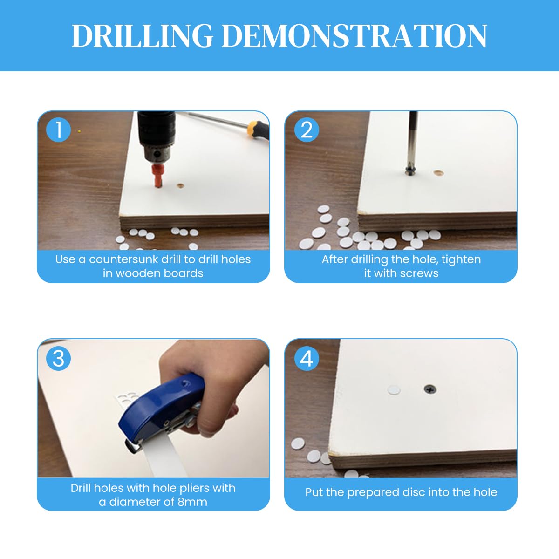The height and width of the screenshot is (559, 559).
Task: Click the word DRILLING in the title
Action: tap(142, 36)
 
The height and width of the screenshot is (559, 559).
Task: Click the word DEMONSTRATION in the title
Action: tap(354, 36)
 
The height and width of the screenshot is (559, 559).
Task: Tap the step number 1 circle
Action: tap(59, 130)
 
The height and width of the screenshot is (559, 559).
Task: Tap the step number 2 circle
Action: tap(307, 130)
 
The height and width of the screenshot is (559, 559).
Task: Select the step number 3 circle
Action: tap(59, 359)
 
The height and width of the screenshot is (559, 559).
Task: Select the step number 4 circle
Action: tap(307, 359)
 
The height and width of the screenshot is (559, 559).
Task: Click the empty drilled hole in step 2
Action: tap(438, 173)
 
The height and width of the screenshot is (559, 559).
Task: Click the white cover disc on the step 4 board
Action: tap(394, 390)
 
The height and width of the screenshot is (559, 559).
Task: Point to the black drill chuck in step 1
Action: tap(156, 140)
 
